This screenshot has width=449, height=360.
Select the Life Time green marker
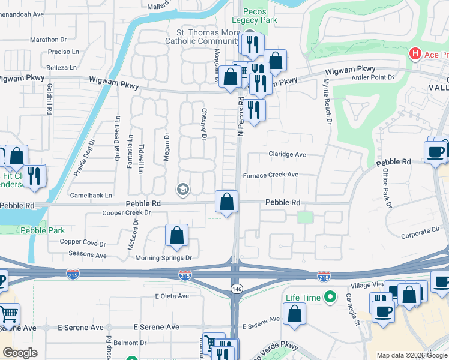[329, 297]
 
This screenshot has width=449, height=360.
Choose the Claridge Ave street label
[287, 154]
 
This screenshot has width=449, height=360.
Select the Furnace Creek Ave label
[270, 175]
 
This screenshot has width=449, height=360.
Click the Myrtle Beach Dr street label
[328, 100]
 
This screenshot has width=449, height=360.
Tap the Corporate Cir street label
[420, 230]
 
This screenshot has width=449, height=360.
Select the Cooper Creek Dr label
[126, 212]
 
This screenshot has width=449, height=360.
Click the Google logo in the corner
[20, 353]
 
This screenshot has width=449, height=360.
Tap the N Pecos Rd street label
[241, 117]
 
